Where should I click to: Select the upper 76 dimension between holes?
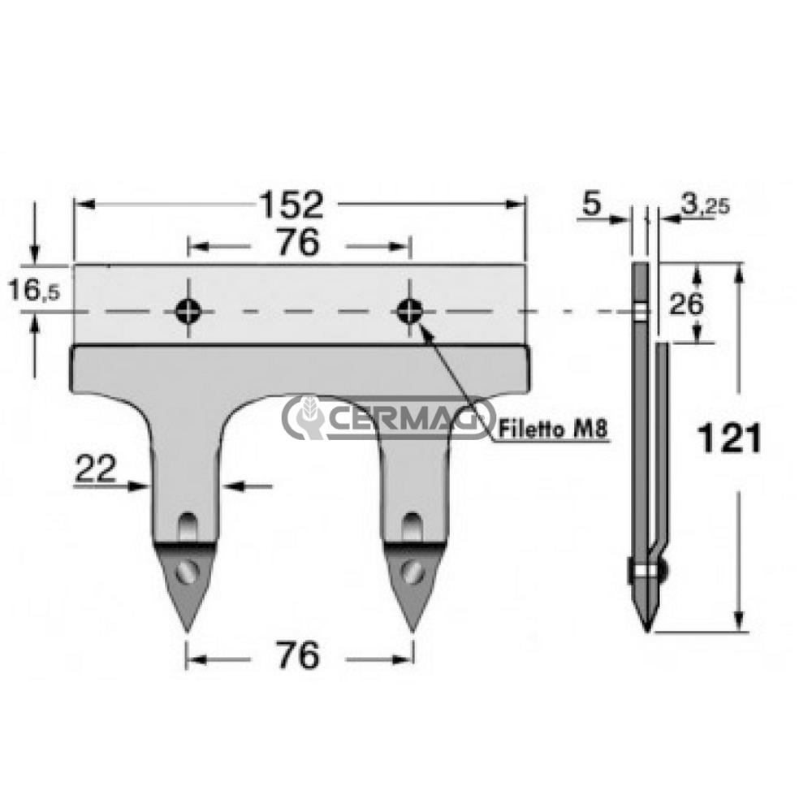tap(298, 244)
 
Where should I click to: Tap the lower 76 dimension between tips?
tap(298, 656)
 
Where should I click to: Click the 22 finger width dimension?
tap(95, 469)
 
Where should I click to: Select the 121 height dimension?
tap(730, 439)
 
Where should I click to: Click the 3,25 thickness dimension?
tap(704, 205)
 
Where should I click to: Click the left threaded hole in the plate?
tap(188, 309)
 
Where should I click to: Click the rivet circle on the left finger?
tap(188, 571)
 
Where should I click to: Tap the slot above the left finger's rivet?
tap(188, 525)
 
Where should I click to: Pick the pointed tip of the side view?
tap(646, 628)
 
